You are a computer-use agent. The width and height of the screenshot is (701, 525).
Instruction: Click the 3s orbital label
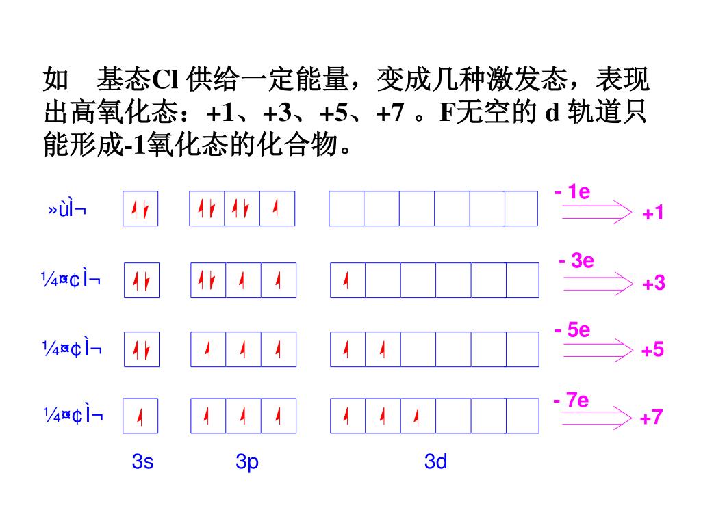142,462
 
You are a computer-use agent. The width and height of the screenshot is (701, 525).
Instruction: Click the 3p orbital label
247,462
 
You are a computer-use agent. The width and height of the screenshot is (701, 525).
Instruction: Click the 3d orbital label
435,462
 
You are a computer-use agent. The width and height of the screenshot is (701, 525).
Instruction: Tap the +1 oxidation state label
653,213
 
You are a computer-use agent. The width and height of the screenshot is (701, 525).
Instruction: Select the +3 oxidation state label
654,283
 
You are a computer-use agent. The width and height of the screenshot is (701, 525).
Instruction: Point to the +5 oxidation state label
652,350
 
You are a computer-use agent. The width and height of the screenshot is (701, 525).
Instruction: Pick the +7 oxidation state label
652,417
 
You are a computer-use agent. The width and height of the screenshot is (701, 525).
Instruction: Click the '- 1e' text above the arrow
572,192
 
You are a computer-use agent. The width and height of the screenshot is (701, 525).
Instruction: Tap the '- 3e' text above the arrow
576,261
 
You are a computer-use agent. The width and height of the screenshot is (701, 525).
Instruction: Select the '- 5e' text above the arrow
572,330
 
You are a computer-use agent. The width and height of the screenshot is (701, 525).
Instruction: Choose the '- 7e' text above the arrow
571,400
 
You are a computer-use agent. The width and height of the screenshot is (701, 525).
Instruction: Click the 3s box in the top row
141,208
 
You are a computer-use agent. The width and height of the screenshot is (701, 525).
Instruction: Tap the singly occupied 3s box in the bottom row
141,416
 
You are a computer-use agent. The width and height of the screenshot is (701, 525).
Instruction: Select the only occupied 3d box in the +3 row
348,280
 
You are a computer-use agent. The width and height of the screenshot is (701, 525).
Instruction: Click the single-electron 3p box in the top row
277,208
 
